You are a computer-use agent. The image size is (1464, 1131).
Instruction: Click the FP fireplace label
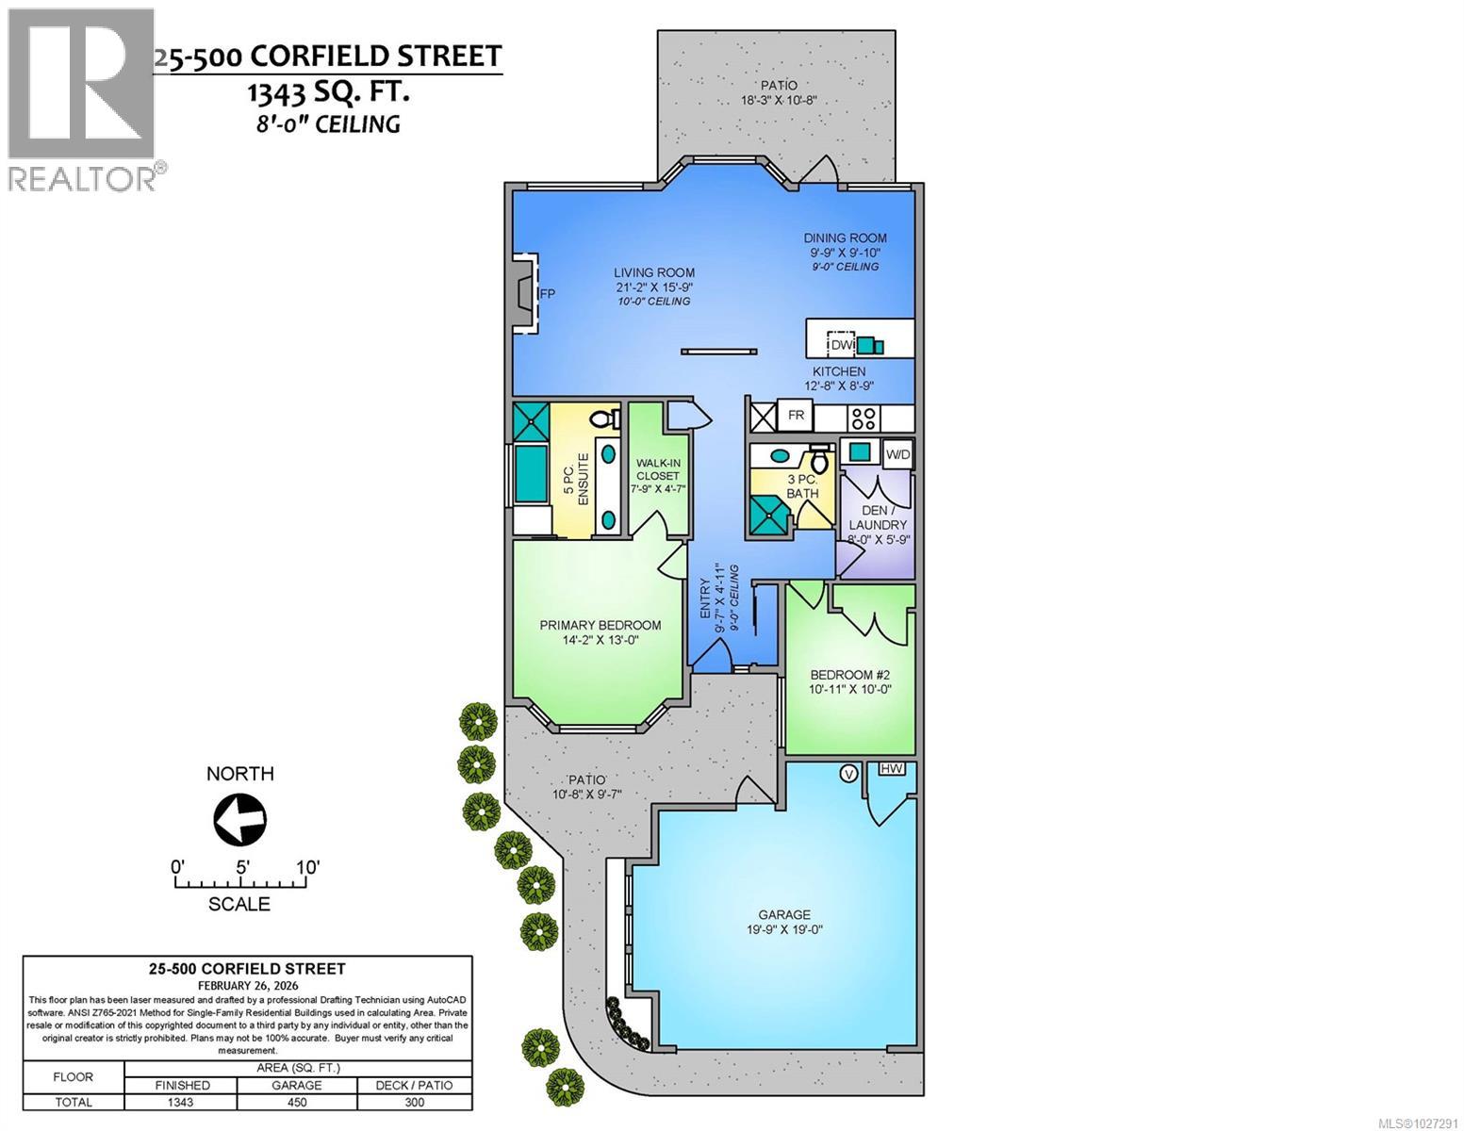tap(547, 294)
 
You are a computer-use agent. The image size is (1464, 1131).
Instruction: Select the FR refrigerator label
tap(796, 416)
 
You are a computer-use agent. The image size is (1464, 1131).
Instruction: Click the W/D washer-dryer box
tap(898, 455)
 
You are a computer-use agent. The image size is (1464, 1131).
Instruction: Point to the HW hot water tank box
tap(892, 769)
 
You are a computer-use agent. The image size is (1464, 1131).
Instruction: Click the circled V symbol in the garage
tap(849, 774)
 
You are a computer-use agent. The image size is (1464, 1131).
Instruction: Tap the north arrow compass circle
tap(240, 818)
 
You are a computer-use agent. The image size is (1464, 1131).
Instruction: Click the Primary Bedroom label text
tap(600, 625)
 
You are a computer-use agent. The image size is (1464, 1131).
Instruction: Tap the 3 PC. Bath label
tap(803, 486)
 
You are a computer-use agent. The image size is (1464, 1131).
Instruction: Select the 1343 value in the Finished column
tap(180, 1102)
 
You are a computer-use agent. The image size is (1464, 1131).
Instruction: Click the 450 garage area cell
tap(297, 1102)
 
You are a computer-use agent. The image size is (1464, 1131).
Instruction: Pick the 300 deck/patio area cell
tap(415, 1102)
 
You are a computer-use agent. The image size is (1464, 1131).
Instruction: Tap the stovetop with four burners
tap(863, 417)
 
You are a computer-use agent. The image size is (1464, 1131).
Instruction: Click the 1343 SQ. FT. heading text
tap(328, 92)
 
